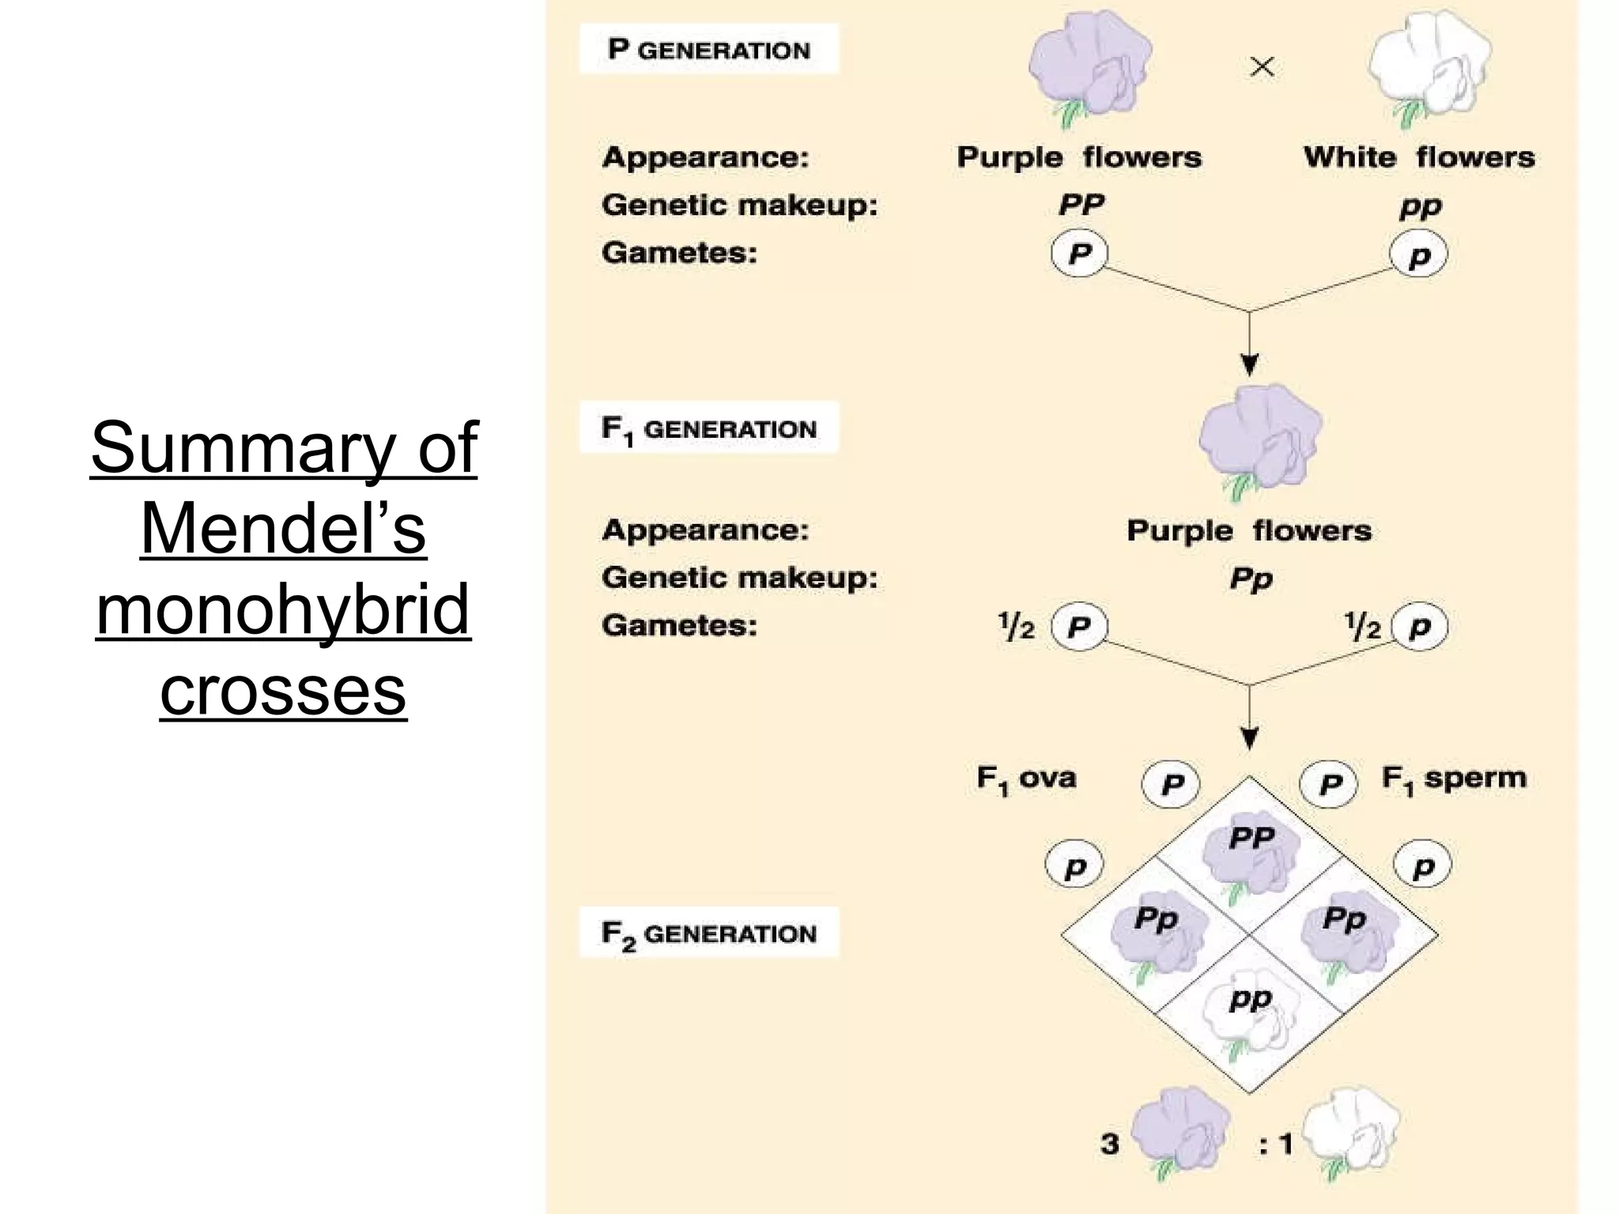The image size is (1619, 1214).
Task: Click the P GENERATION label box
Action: point(708,49)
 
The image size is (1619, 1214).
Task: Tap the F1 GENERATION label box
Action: point(708,428)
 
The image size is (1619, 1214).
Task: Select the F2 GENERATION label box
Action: point(708,933)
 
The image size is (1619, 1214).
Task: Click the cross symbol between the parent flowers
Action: point(1262,67)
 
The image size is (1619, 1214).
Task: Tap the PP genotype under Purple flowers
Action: point(1081,205)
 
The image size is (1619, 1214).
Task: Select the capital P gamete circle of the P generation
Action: point(1079,254)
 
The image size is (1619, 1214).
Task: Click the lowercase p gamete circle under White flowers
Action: point(1419,255)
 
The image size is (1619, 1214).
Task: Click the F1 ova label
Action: point(1026,779)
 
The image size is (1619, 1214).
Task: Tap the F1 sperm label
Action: point(1453,779)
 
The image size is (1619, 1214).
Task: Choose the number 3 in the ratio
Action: point(1109,1144)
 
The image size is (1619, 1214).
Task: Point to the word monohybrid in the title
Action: point(283,610)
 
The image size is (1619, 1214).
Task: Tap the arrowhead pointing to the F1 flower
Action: point(1249,365)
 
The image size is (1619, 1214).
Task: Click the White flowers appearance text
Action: point(1419,157)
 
